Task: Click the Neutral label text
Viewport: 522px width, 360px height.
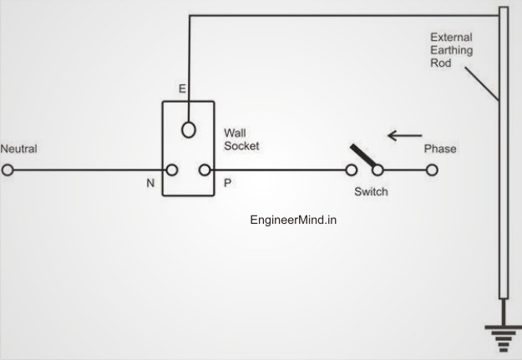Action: click(x=18, y=149)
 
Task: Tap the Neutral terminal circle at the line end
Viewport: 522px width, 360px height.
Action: click(x=8, y=170)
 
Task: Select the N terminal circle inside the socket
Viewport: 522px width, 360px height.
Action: click(x=172, y=170)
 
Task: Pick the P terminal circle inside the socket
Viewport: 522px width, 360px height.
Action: click(x=205, y=170)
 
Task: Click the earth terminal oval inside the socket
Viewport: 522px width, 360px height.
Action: click(x=189, y=129)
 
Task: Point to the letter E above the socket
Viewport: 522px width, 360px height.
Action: click(x=182, y=89)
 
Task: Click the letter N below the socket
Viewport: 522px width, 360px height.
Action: click(x=150, y=183)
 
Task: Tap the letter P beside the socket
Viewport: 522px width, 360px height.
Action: click(x=228, y=183)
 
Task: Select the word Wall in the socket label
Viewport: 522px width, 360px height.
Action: click(x=235, y=133)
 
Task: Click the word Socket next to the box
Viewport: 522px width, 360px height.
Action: click(x=241, y=146)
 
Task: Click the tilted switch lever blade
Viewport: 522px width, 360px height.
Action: click(x=363, y=156)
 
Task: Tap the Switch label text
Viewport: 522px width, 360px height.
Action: click(x=371, y=191)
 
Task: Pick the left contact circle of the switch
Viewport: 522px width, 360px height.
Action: click(x=352, y=170)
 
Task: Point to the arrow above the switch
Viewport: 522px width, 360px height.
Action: click(x=405, y=135)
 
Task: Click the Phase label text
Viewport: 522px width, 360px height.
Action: click(x=440, y=149)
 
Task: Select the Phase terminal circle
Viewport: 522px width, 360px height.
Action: click(x=432, y=170)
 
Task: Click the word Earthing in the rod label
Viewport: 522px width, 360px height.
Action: click(x=452, y=50)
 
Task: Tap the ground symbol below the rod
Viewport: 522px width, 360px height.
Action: click(x=504, y=339)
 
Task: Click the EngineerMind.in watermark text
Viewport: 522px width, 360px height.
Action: click(x=293, y=221)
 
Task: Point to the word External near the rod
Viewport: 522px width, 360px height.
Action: click(x=451, y=37)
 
